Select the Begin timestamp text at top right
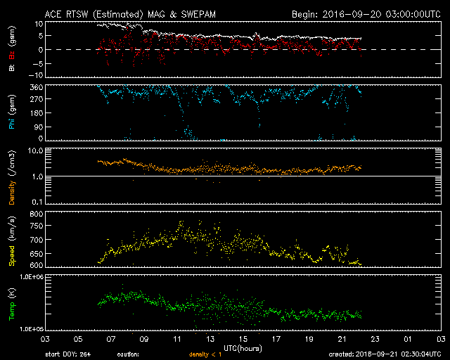point(366,13)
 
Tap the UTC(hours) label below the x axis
point(243,347)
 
